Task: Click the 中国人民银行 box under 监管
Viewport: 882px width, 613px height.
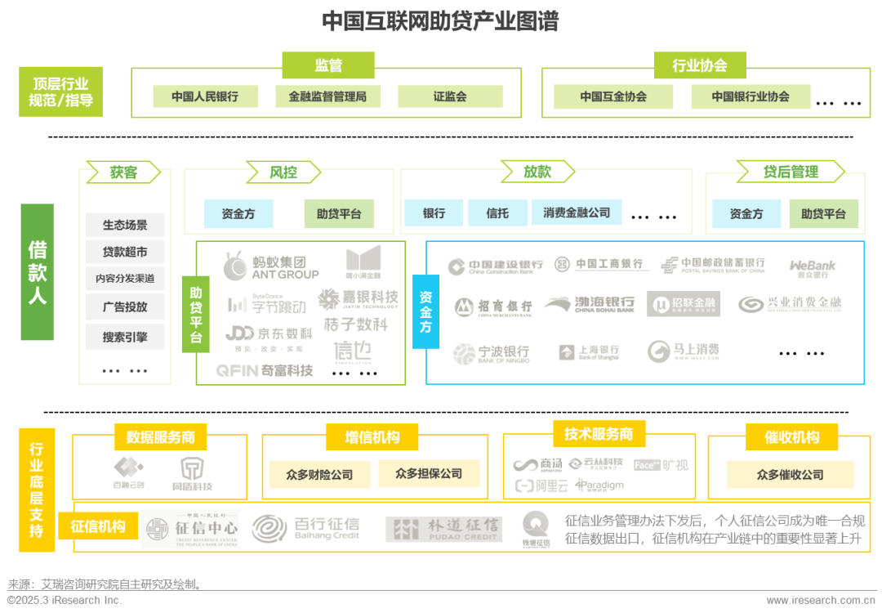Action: pos(205,96)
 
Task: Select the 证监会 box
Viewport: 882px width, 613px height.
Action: pos(450,96)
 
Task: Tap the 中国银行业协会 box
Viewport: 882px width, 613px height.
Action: pos(751,96)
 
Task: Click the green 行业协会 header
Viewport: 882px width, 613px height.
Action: pos(699,66)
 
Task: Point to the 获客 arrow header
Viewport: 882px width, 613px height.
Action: pos(125,172)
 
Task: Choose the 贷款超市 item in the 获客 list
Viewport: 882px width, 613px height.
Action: pos(125,251)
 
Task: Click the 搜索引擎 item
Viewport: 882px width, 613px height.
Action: pos(125,337)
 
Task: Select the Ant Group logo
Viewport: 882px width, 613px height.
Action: pos(271,264)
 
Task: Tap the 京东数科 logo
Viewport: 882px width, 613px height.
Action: pos(269,337)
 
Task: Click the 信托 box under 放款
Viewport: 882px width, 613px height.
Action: pos(497,213)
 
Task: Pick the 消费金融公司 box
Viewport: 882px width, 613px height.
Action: pos(577,213)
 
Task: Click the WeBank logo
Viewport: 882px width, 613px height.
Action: pos(813,269)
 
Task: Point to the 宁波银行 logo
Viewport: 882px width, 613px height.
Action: pos(492,353)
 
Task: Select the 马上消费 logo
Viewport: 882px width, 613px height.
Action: pos(684,351)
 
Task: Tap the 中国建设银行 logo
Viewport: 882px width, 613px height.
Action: pos(496,265)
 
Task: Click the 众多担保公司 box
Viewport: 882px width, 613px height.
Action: pos(429,473)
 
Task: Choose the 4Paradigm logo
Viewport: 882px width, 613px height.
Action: pos(599,485)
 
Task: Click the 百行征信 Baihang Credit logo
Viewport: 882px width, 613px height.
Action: pos(307,528)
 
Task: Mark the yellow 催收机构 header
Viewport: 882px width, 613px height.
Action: pos(792,438)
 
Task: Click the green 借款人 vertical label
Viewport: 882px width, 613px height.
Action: pos(38,272)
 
